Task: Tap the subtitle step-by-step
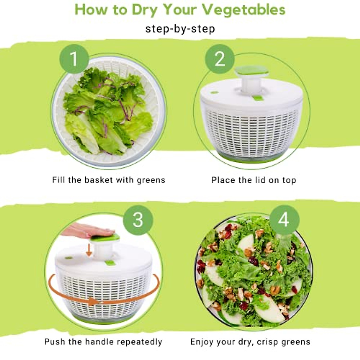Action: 180,29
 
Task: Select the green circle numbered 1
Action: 74,59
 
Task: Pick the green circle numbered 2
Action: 220,59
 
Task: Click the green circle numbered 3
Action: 138,220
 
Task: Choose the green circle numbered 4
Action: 284,220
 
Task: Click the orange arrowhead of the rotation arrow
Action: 94,301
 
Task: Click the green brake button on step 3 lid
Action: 110,263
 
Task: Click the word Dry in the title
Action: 145,10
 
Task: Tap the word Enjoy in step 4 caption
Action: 202,342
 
